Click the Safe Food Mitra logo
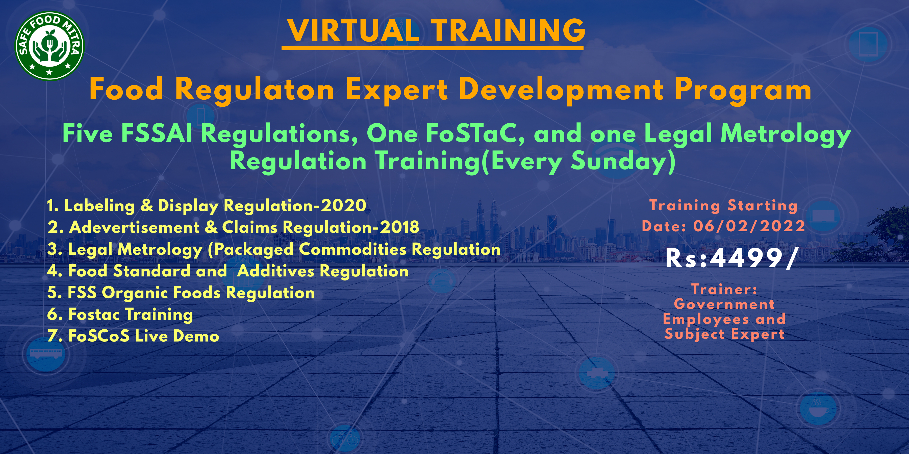(49, 46)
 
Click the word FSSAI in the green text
(157, 134)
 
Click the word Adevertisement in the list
(134, 227)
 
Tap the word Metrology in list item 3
(160, 249)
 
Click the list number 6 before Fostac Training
(53, 314)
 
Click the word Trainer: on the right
(724, 289)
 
